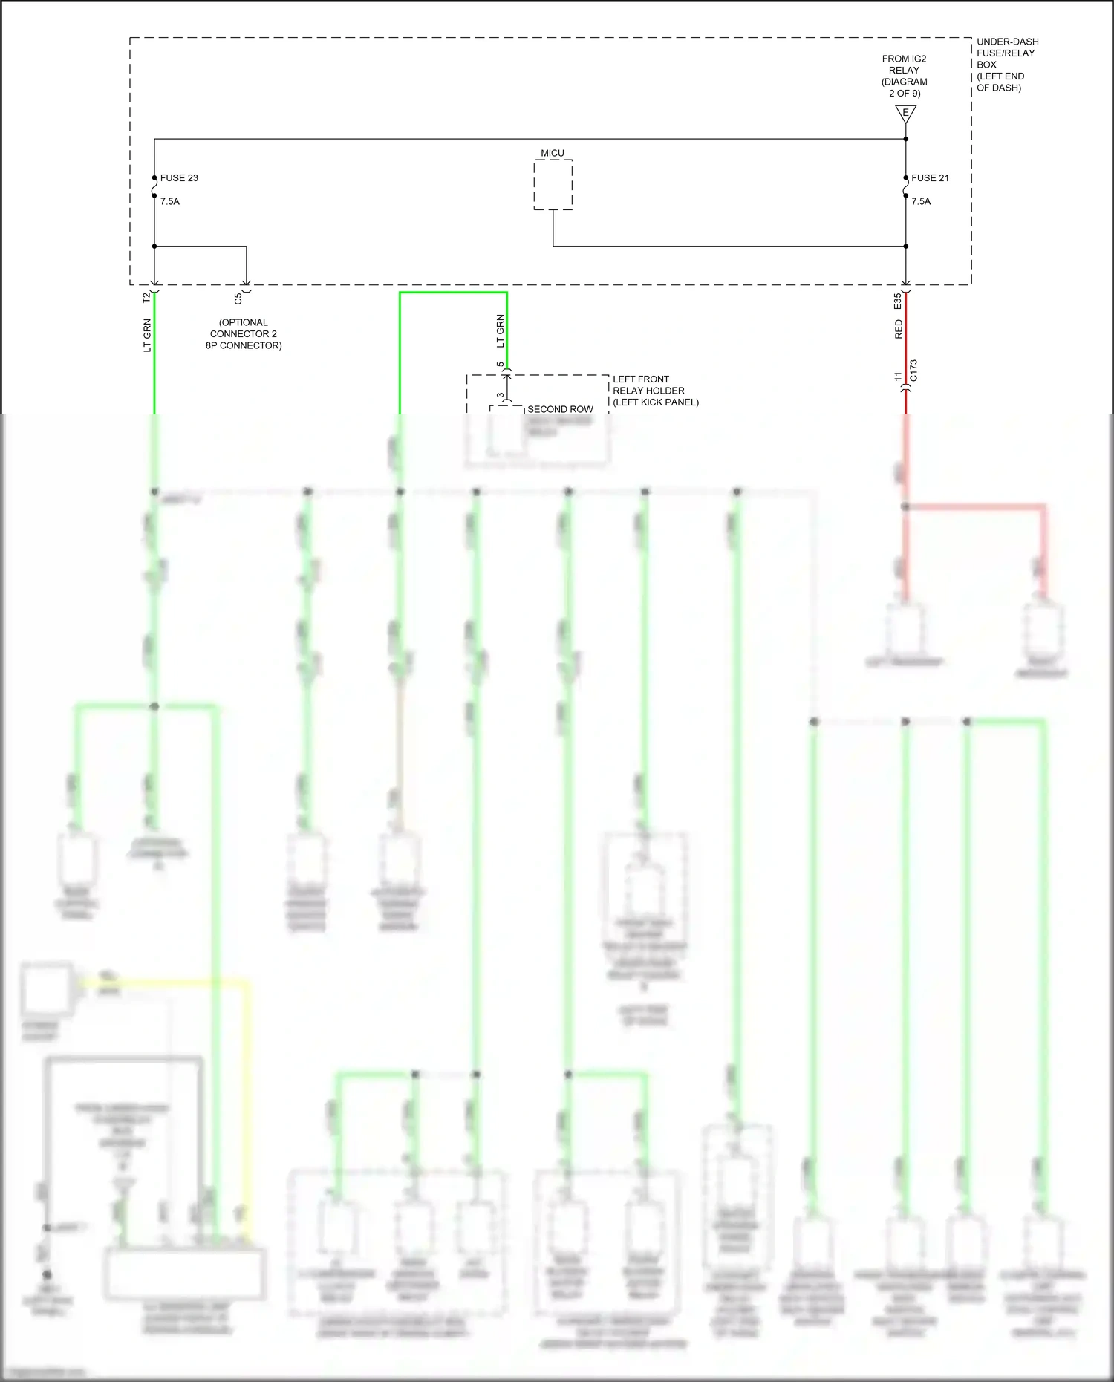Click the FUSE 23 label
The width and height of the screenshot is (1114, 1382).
[x=179, y=178]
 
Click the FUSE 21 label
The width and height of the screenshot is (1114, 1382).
[x=930, y=178]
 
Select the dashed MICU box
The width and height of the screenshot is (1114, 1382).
[x=553, y=185]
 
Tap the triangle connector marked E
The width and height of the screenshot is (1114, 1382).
[x=905, y=114]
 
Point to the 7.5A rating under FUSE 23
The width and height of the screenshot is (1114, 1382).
[x=170, y=201]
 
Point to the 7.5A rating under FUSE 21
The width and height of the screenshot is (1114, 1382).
[x=921, y=201]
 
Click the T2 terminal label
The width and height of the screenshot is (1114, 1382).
[x=146, y=297]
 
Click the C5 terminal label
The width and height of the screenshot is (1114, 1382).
[x=238, y=299]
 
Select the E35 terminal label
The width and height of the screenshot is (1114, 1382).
[x=898, y=302]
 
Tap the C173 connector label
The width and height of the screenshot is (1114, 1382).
[x=913, y=371]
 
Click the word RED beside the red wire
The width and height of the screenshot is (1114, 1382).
[x=899, y=329]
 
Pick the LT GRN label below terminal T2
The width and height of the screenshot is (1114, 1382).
[x=147, y=335]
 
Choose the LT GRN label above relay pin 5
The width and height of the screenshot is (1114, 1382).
[x=500, y=331]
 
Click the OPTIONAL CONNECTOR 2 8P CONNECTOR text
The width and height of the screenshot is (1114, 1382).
[x=244, y=334]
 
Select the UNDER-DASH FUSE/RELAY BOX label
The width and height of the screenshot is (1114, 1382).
[x=1007, y=65]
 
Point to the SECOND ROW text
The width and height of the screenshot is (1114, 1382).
[x=560, y=409]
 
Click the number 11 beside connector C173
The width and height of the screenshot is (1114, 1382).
[x=898, y=377]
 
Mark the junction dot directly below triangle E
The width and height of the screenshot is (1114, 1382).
[x=905, y=139]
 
